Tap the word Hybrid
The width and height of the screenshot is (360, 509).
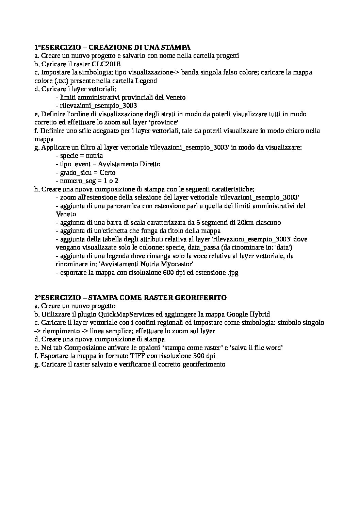[x=260, y=314]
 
